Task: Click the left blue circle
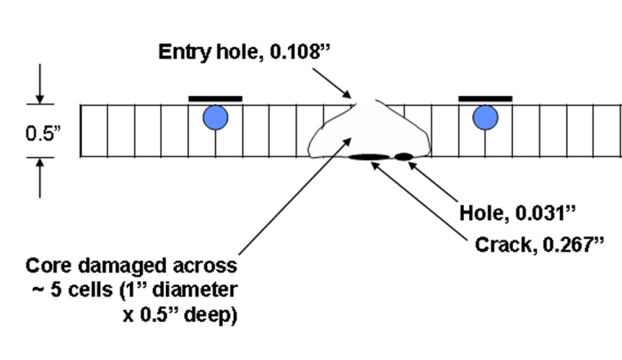[215, 118]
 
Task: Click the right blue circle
[485, 118]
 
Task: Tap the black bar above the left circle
[215, 98]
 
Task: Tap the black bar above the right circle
[485, 98]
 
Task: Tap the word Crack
[502, 245]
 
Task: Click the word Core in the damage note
[47, 267]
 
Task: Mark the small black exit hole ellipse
[404, 155]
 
